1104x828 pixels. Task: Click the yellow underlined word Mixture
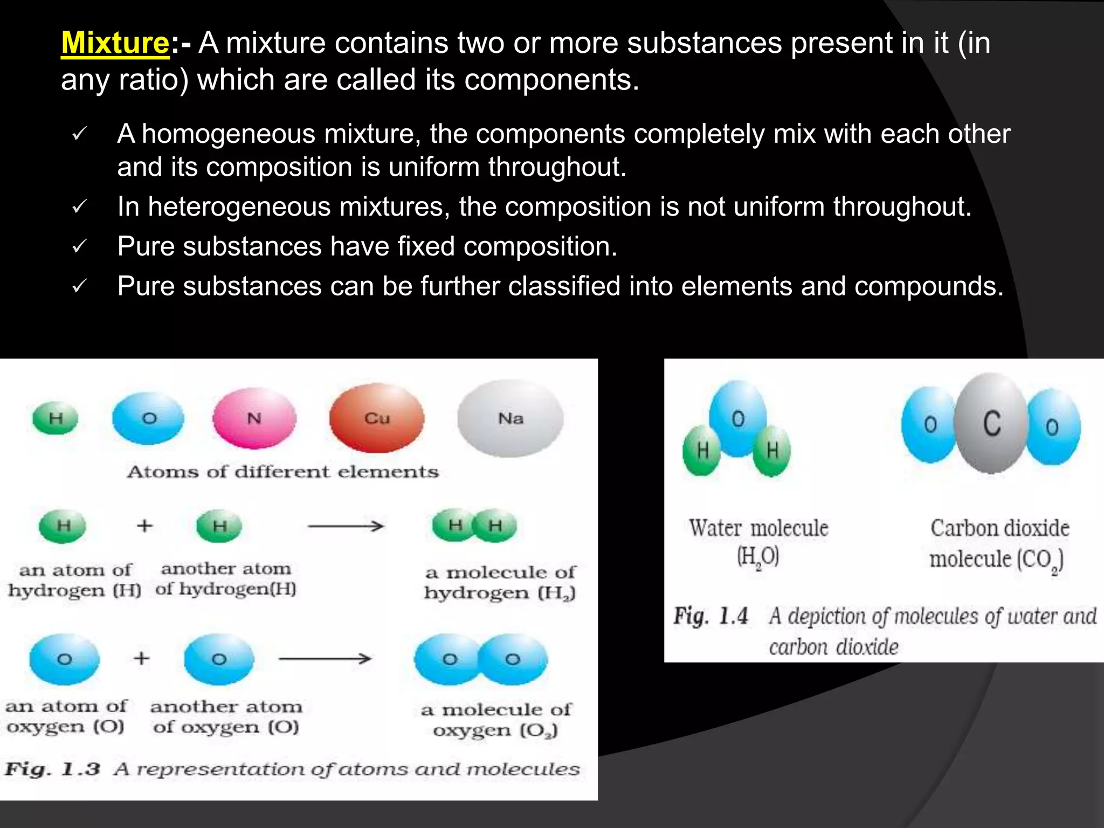[115, 43]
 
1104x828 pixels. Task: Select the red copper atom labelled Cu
[377, 418]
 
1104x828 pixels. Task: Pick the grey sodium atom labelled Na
[510, 418]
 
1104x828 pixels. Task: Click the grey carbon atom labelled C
[991, 424]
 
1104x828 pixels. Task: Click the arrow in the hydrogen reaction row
[346, 526]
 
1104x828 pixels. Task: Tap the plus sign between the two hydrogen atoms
[144, 525]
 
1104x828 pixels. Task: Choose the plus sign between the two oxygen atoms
[141, 658]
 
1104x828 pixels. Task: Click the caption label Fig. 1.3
[52, 769]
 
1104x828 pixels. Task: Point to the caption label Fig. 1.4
[710, 616]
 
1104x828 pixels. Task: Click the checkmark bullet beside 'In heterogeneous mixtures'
[79, 207]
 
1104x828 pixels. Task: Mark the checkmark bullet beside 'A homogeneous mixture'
[79, 134]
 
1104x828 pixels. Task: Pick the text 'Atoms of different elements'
[283, 472]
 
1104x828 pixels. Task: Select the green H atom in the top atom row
[56, 418]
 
